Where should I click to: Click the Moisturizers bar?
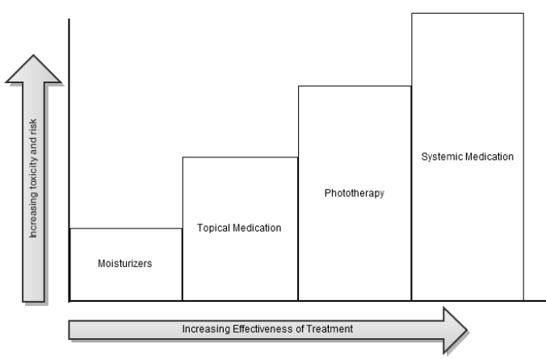point(125,278)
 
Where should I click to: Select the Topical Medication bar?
point(240,258)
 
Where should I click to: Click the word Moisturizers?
point(125,264)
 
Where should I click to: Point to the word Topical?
point(212,228)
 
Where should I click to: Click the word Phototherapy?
point(354,194)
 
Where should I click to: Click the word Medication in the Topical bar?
point(257,228)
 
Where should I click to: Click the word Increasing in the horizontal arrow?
point(205,329)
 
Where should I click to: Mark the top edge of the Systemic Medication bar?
point(467,13)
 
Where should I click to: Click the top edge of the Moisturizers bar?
point(125,228)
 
